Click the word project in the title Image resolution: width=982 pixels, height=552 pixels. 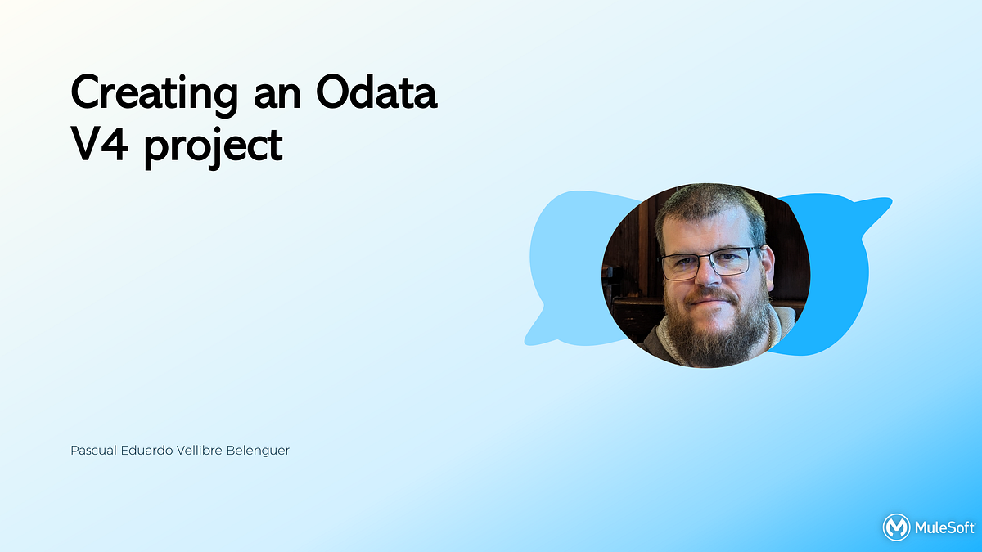click(214, 148)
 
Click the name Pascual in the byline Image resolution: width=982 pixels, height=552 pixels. click(94, 451)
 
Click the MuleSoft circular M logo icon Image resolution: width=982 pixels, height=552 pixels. click(896, 527)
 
